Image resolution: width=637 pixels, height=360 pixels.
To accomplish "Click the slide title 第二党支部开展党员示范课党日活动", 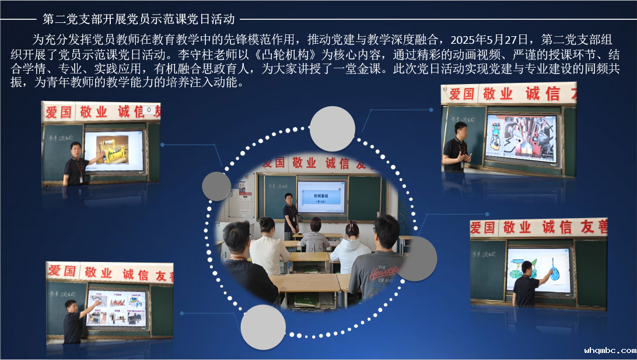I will (x=139, y=19).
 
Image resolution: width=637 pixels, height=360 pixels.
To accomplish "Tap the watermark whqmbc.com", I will (x=610, y=351).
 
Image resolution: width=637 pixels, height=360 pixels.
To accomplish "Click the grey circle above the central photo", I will (x=332, y=129).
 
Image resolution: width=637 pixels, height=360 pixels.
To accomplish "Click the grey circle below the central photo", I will (x=263, y=327).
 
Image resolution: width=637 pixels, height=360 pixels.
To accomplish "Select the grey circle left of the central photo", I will (x=216, y=187).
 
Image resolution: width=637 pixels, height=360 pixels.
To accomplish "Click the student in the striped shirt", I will (x=315, y=236).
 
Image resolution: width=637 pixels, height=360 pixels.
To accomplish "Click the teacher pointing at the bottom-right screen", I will (x=526, y=285).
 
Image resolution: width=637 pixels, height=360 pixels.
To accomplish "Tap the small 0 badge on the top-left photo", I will (x=149, y=110).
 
